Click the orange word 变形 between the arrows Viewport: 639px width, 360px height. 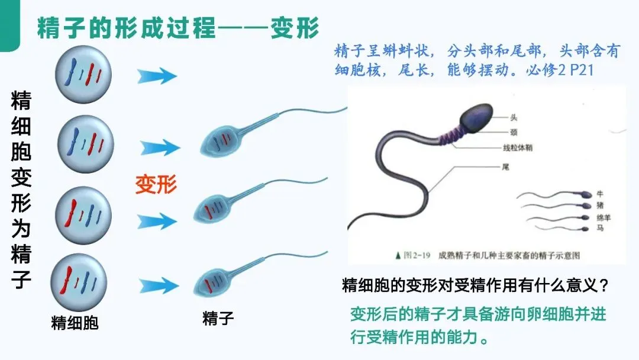[x=156, y=184]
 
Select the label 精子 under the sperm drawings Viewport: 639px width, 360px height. [x=218, y=319]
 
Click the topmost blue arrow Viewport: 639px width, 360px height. [x=157, y=76]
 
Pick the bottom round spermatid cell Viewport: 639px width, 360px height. [x=78, y=281]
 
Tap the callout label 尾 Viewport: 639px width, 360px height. [x=505, y=167]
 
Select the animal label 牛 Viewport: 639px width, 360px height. [x=601, y=194]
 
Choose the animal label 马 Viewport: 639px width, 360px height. [x=601, y=227]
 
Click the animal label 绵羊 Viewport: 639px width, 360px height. [x=604, y=217]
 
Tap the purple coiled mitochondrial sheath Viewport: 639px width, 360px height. [x=448, y=142]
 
